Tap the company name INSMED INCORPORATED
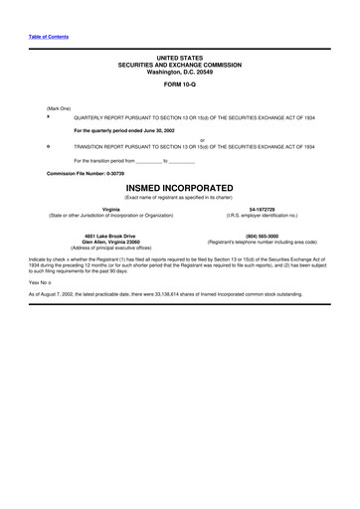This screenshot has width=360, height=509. pyautogui.click(x=179, y=187)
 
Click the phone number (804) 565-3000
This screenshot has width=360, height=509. pyautogui.click(x=262, y=236)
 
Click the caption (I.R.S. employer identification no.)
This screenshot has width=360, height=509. pyautogui.click(x=262, y=215)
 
